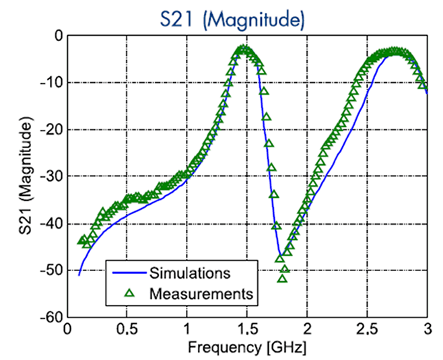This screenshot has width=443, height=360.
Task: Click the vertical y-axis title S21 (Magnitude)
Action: pyautogui.click(x=25, y=176)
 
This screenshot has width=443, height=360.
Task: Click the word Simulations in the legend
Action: pyautogui.click(x=190, y=274)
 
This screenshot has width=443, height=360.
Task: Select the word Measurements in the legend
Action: pyautogui.click(x=201, y=293)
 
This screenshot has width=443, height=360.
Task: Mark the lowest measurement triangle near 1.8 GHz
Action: pyautogui.click(x=282, y=278)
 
